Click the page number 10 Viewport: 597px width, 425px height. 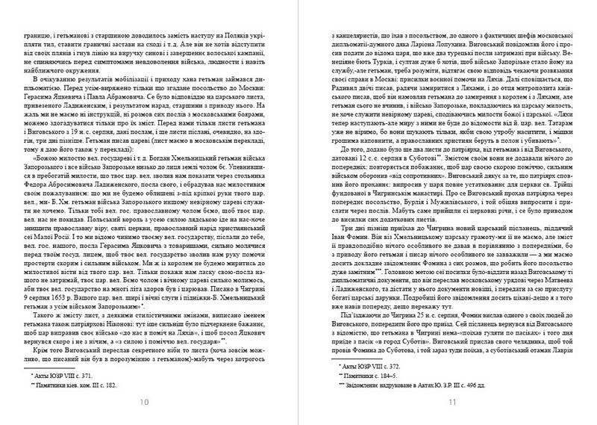pyautogui.click(x=148, y=403)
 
